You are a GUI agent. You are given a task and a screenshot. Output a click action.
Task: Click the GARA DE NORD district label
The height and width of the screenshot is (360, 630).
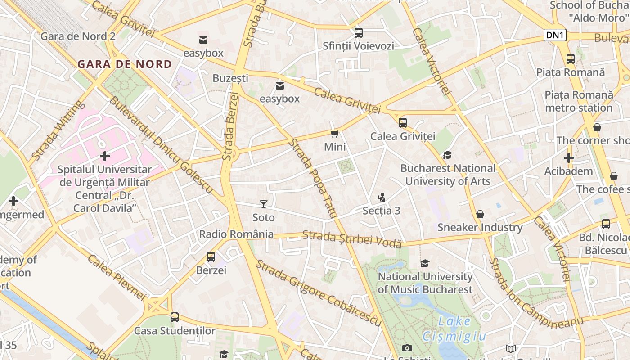125,64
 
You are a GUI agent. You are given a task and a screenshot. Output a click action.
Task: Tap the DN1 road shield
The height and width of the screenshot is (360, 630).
554,36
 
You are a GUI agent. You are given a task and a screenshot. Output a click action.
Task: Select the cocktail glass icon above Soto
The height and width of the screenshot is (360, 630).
264,204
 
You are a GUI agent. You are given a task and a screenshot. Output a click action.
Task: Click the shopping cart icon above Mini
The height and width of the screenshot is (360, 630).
335,134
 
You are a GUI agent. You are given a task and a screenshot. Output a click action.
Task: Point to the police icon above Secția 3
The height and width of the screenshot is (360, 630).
382,198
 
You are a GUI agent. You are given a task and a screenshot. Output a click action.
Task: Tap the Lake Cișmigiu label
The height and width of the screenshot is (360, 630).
454,328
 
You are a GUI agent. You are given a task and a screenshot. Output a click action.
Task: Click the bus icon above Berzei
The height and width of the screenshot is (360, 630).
211,257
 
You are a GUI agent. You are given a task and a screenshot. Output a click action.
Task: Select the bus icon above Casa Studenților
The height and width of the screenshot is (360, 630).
175,317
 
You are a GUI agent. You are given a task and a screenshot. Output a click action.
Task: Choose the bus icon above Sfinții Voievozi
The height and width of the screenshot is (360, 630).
358,32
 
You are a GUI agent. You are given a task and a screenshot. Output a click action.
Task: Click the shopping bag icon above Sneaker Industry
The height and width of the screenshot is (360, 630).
480,214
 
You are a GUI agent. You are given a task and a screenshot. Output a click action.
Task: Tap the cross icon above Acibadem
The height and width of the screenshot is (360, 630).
569,158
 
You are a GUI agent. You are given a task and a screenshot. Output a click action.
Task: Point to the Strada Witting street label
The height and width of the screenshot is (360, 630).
58,130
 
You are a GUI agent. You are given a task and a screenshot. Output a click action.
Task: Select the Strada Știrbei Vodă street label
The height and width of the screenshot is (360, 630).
352,239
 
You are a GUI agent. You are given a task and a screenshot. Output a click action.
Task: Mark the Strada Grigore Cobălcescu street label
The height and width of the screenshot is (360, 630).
319,293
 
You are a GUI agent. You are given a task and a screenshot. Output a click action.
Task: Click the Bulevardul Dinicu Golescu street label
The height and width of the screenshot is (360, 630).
161,145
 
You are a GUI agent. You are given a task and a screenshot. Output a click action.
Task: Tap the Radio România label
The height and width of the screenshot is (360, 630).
236,234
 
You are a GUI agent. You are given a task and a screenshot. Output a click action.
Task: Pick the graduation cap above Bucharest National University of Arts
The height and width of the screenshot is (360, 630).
447,155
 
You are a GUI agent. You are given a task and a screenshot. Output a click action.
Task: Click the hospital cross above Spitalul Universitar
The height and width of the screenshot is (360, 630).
105,156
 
